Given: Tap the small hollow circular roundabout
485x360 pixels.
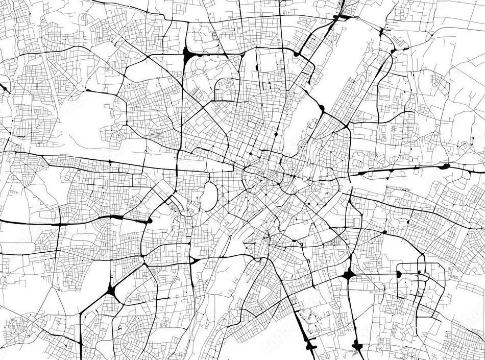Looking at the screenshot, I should coord(305,179).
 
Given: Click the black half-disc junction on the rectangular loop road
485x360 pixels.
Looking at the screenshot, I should coord(399,274).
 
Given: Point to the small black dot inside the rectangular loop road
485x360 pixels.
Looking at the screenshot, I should coord(419,273).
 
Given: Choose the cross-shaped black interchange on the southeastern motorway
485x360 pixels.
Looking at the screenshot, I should coord(349,275).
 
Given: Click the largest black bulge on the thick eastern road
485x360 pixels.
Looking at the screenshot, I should coord(445,166).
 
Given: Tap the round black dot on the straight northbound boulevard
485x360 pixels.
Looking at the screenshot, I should coord(276,134).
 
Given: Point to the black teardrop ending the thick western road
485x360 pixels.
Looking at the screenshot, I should coord(150,221).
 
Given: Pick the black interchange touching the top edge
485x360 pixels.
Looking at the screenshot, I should coord(341,17).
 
